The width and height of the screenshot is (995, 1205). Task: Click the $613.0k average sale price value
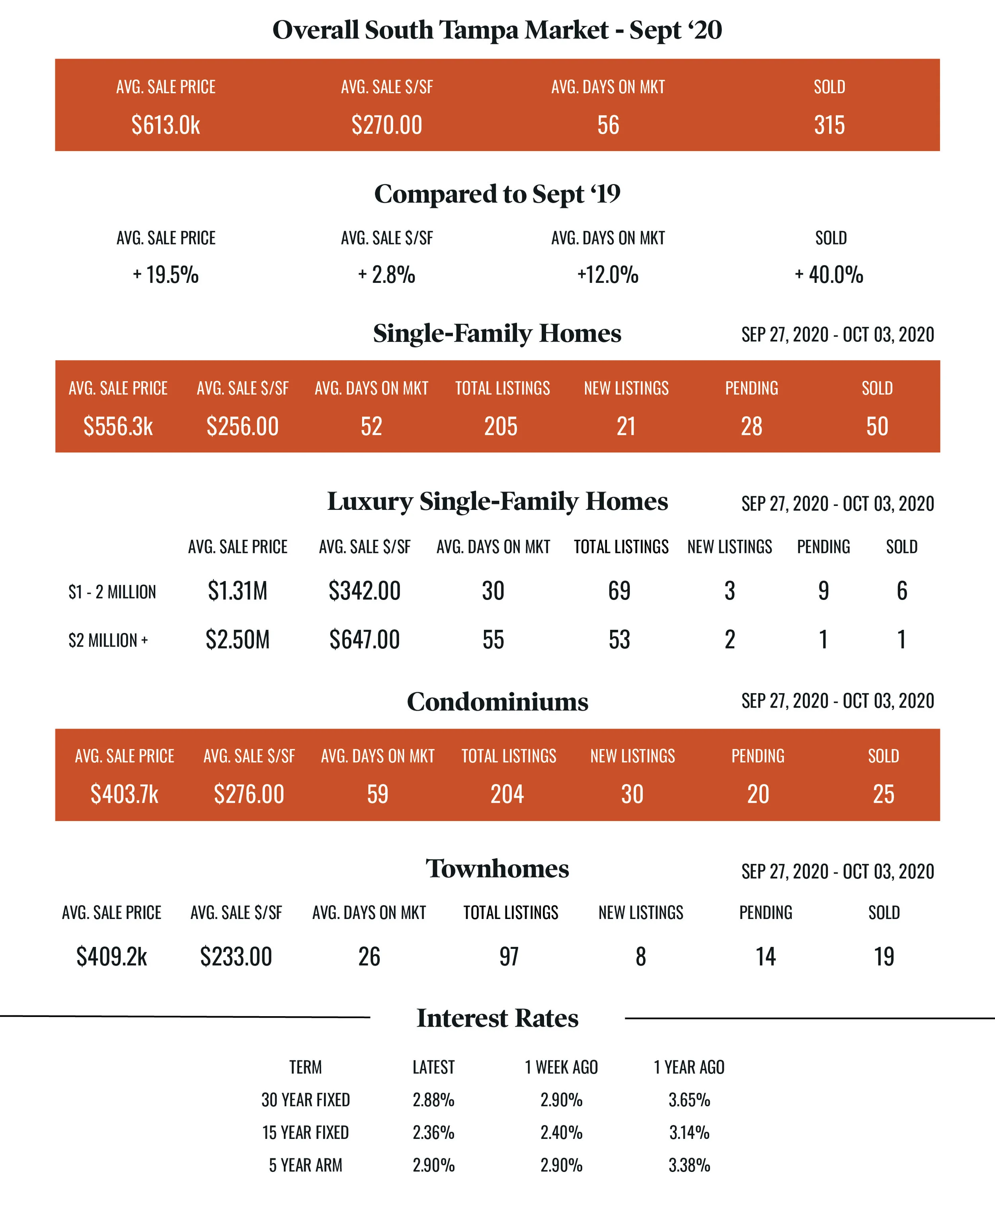(x=166, y=125)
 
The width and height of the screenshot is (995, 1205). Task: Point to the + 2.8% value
(x=387, y=275)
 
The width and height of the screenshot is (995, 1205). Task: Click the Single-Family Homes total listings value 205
(x=501, y=426)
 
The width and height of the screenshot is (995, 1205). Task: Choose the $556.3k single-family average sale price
(x=118, y=426)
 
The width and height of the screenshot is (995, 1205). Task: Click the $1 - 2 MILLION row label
(x=112, y=591)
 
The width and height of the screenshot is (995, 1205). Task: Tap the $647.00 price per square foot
(x=365, y=639)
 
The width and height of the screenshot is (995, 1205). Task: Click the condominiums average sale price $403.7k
(x=124, y=794)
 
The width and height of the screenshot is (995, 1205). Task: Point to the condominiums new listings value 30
(x=632, y=794)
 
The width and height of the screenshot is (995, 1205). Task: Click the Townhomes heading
(x=497, y=868)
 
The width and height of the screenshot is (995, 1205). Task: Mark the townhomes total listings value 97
(x=509, y=956)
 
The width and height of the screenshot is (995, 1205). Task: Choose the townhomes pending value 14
(x=765, y=956)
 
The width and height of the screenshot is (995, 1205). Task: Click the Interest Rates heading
(x=497, y=1018)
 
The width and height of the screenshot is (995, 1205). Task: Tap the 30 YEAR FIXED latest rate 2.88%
(x=433, y=1099)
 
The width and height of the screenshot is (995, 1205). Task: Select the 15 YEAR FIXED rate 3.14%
(x=689, y=1132)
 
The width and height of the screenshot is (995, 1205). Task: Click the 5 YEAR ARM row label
(x=306, y=1165)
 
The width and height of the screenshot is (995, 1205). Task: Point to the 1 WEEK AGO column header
(x=561, y=1067)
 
